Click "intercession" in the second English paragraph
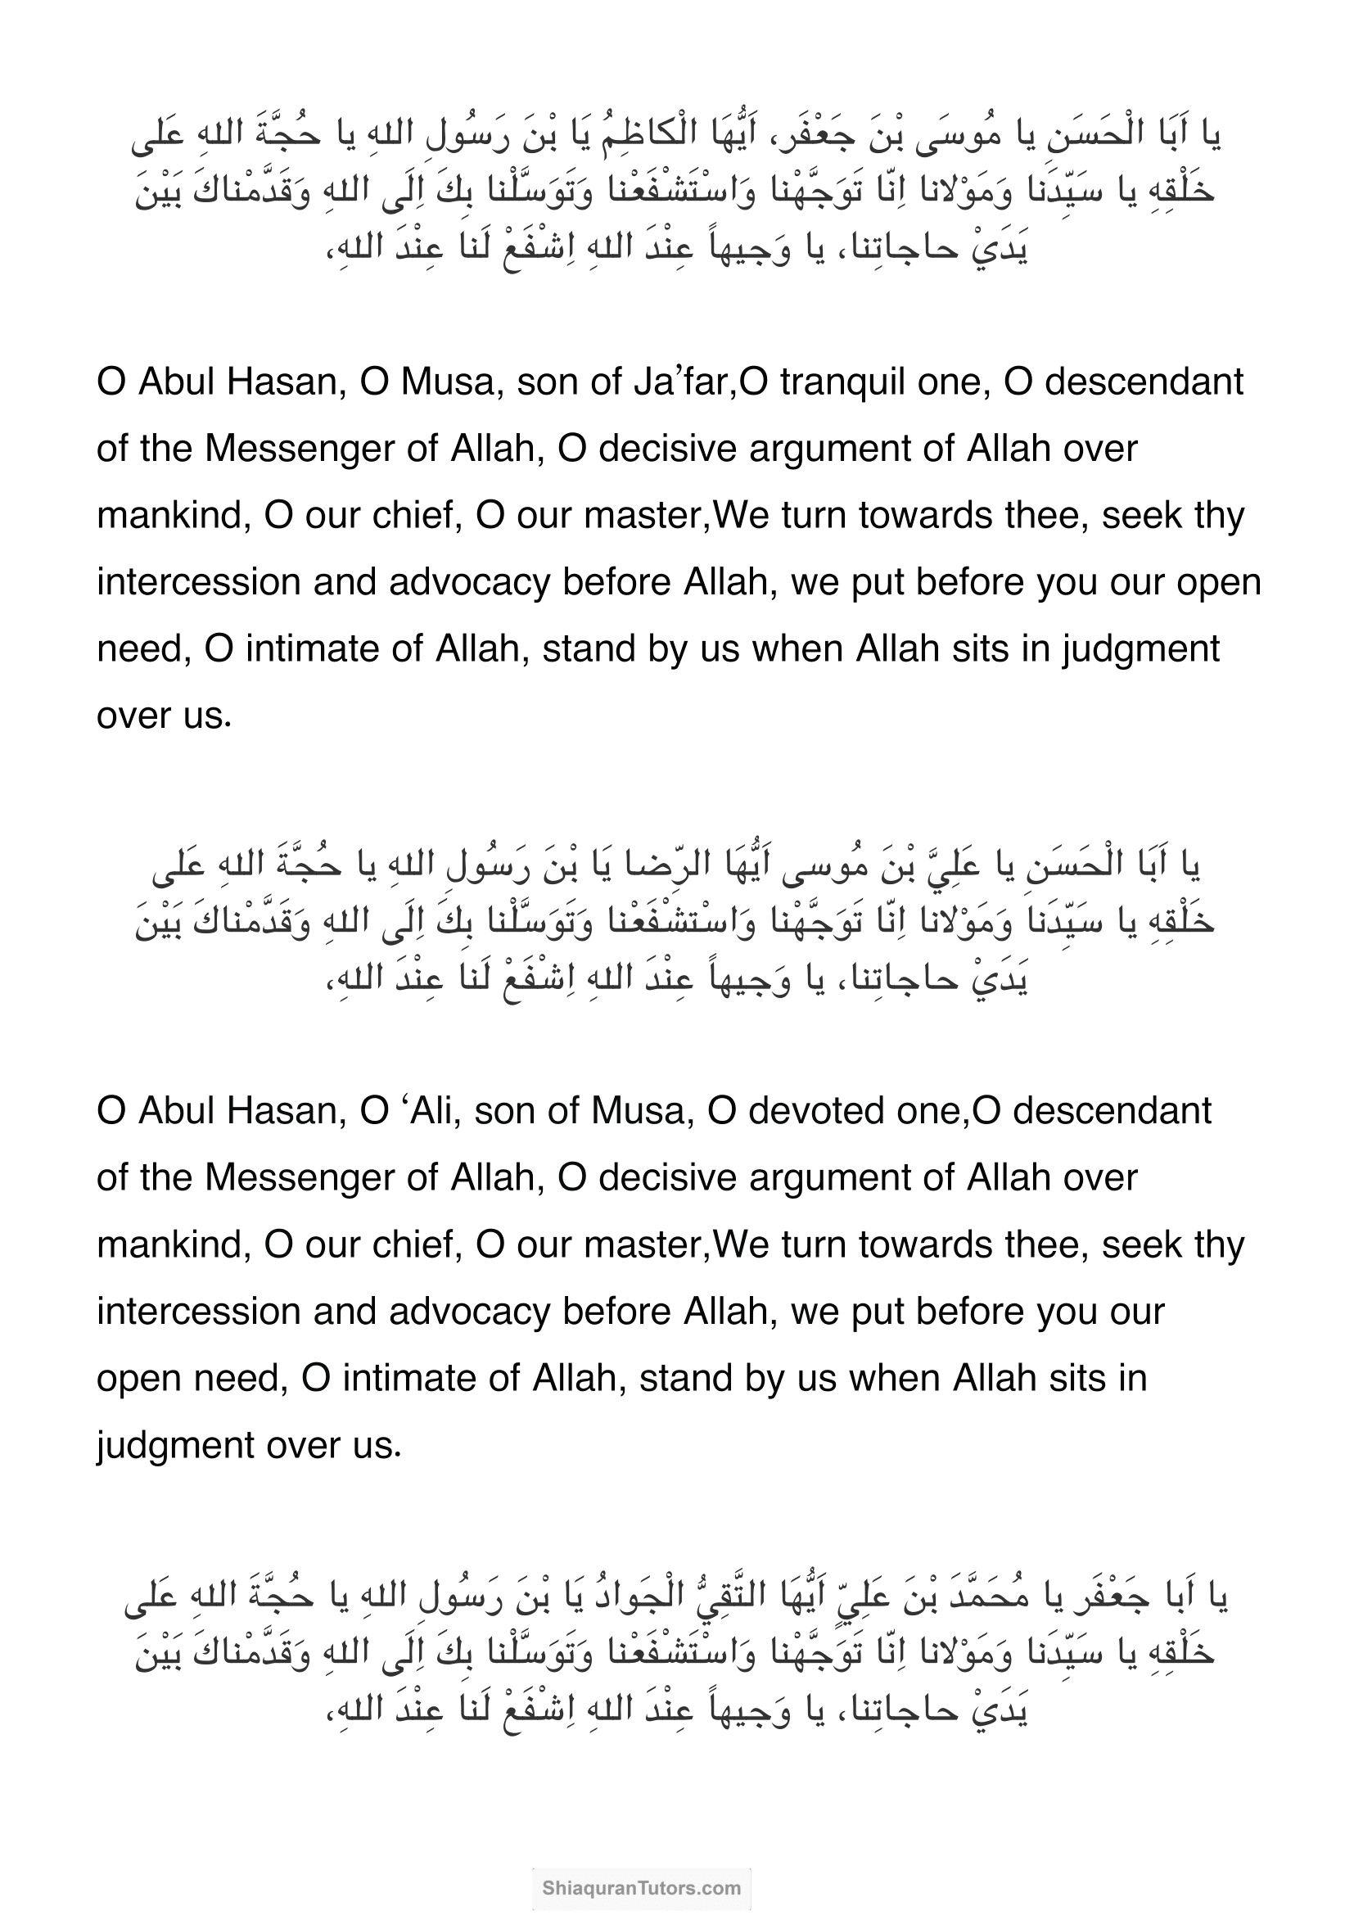point(198,1312)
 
